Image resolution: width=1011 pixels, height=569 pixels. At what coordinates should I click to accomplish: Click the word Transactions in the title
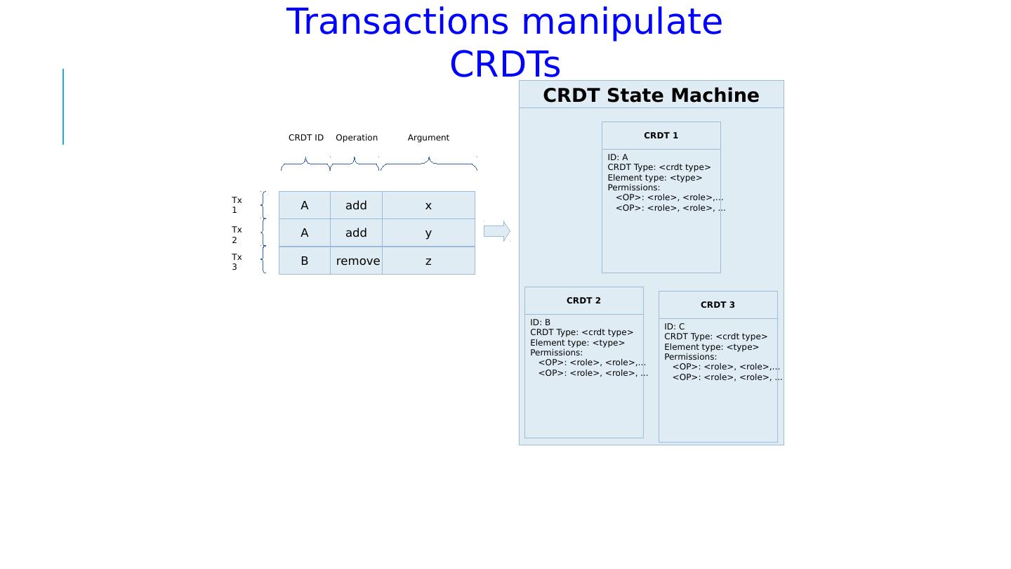(x=397, y=22)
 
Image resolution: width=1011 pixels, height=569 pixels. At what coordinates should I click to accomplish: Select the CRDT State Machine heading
(x=651, y=96)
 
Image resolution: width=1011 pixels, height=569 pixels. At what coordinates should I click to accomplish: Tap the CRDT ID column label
(x=306, y=138)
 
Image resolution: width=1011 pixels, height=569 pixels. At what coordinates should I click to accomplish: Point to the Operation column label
(x=357, y=138)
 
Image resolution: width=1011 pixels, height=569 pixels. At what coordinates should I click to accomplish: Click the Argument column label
(x=428, y=138)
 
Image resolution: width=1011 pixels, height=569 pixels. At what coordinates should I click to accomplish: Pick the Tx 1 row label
(x=237, y=205)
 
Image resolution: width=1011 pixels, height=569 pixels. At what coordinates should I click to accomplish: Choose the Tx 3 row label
(x=237, y=262)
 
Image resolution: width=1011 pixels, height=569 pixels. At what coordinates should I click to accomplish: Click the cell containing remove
(x=357, y=261)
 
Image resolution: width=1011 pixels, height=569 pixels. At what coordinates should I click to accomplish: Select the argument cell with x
(x=428, y=206)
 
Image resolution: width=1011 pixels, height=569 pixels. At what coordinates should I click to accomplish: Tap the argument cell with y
(x=428, y=233)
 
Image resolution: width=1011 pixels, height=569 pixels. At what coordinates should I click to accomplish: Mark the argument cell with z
(x=428, y=261)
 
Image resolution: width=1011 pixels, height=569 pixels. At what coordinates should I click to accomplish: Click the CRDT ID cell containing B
(x=304, y=261)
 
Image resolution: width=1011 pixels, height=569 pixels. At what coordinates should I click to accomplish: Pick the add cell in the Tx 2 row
(x=356, y=233)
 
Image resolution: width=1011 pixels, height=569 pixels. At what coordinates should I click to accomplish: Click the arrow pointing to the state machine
(x=496, y=231)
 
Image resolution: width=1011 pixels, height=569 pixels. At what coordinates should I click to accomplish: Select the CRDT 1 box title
(x=661, y=136)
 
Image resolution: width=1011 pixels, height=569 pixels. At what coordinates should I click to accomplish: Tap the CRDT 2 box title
(x=583, y=301)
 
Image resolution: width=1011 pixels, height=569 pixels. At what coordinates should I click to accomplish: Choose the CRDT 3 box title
(x=718, y=305)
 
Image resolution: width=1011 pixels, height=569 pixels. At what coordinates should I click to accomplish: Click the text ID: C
(x=674, y=327)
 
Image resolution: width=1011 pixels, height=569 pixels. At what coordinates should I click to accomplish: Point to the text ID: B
(x=540, y=322)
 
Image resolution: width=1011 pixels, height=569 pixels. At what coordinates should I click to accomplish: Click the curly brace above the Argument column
(x=428, y=164)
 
